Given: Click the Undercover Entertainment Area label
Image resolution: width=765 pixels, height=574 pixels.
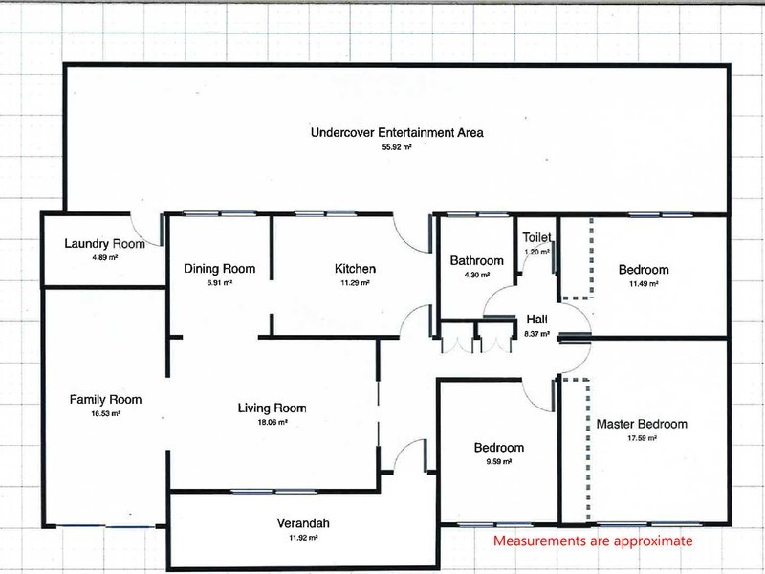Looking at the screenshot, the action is (x=397, y=132).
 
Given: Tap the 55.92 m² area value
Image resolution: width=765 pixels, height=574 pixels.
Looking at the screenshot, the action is (x=397, y=147).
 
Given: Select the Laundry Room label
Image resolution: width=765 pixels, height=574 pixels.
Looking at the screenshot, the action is (x=104, y=244).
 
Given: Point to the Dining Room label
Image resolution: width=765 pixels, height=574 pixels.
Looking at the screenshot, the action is (x=220, y=269).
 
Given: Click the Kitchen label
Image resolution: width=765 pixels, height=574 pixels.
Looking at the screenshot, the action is (x=355, y=269).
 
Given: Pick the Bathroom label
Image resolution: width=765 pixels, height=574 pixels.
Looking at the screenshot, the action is (x=476, y=260).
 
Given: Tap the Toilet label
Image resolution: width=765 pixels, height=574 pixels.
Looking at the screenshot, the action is (x=536, y=237).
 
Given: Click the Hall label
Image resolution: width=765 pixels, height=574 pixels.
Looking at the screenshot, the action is (x=536, y=320).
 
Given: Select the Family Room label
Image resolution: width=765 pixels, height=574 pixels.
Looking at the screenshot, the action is (x=105, y=400).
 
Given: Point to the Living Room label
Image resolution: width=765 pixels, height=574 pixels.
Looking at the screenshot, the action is (x=273, y=408).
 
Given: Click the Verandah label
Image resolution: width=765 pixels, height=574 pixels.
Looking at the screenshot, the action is (x=303, y=523).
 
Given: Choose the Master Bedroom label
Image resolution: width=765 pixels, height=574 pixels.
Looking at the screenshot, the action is (x=642, y=424).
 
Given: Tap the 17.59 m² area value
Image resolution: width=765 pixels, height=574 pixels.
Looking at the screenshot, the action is (x=642, y=438).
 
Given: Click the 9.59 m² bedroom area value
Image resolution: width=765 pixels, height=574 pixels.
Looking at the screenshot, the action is (x=498, y=461).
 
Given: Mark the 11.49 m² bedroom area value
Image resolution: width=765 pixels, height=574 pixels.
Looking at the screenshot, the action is (x=644, y=283).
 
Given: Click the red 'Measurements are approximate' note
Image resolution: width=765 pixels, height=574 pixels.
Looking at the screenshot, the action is (x=593, y=541).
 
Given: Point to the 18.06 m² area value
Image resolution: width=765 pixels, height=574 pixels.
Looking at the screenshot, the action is (x=273, y=422).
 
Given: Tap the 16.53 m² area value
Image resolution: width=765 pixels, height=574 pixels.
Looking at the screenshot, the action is (x=105, y=413).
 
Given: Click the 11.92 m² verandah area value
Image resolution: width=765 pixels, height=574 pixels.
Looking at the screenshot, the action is (x=303, y=538).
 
